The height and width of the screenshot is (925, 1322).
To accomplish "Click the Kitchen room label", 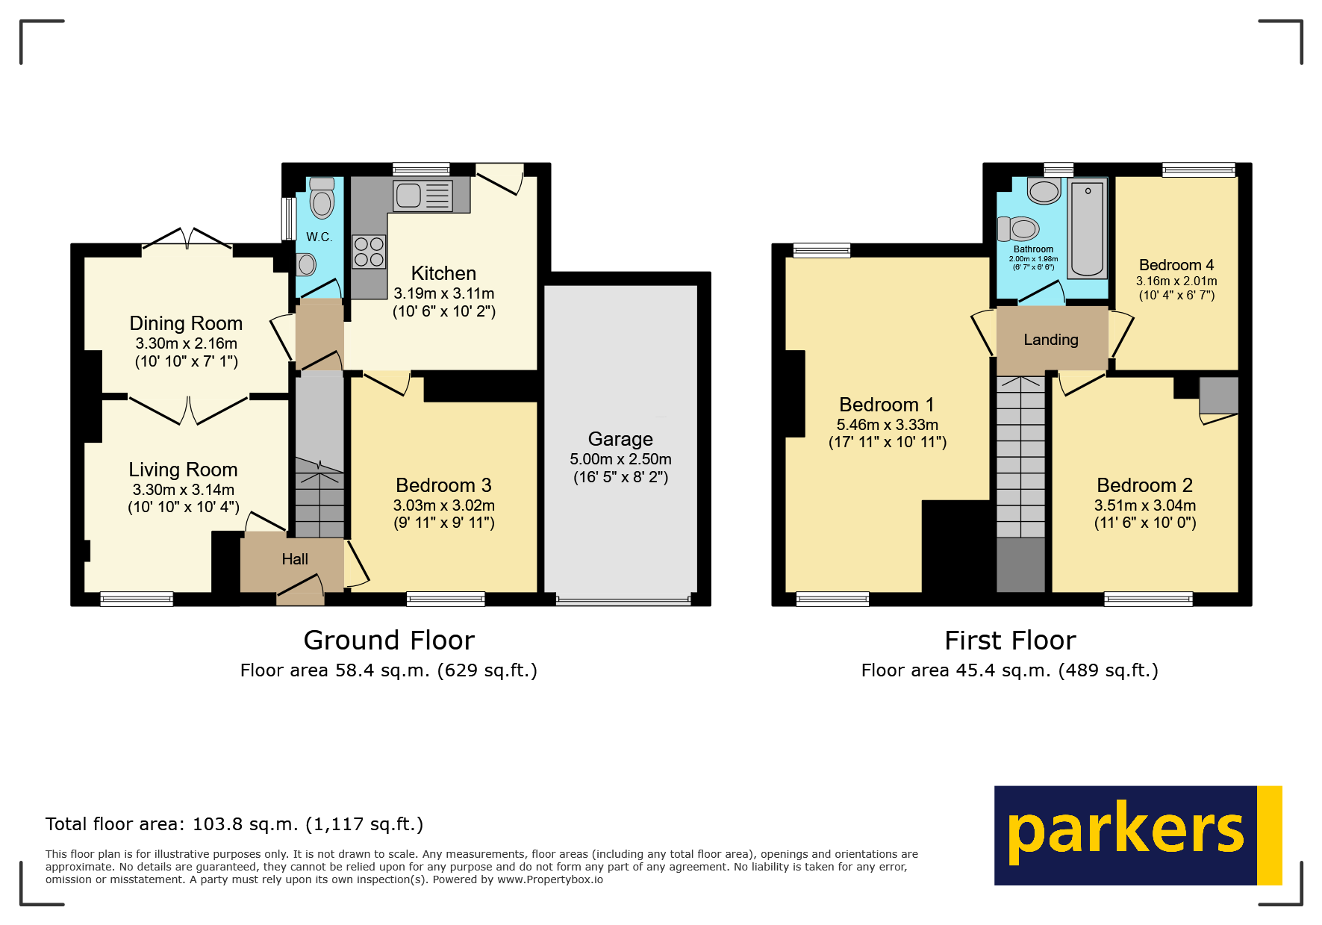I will point(443,273).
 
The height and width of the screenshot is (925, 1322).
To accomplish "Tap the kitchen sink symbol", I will point(423,196).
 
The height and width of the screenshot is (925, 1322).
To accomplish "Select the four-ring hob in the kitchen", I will point(369,252).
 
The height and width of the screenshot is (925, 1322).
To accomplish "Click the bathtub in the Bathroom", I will point(1088,227).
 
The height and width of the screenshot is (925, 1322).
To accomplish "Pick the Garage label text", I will point(620,439).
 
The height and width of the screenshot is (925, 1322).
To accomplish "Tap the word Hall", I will point(295,559).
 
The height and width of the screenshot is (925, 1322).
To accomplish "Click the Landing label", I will point(1051,340).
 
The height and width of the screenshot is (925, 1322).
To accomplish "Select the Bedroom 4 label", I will point(1176,265).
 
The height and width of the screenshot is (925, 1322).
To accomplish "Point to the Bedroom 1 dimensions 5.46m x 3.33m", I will point(888,425).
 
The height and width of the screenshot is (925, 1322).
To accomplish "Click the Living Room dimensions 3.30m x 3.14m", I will point(184,490).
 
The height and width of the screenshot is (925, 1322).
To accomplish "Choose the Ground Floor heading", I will point(389,641).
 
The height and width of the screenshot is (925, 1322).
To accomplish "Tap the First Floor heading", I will point(1010,641).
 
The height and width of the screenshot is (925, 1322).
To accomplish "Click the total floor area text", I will point(234,824).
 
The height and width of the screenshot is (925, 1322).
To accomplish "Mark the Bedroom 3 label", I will point(443,485).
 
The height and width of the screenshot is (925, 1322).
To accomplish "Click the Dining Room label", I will point(186,323).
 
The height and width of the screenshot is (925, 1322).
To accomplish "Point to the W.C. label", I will point(319,237).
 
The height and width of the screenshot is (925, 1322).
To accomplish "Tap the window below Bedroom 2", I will point(1148,598).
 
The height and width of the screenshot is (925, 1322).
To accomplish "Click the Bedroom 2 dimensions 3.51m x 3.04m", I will point(1145,505).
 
